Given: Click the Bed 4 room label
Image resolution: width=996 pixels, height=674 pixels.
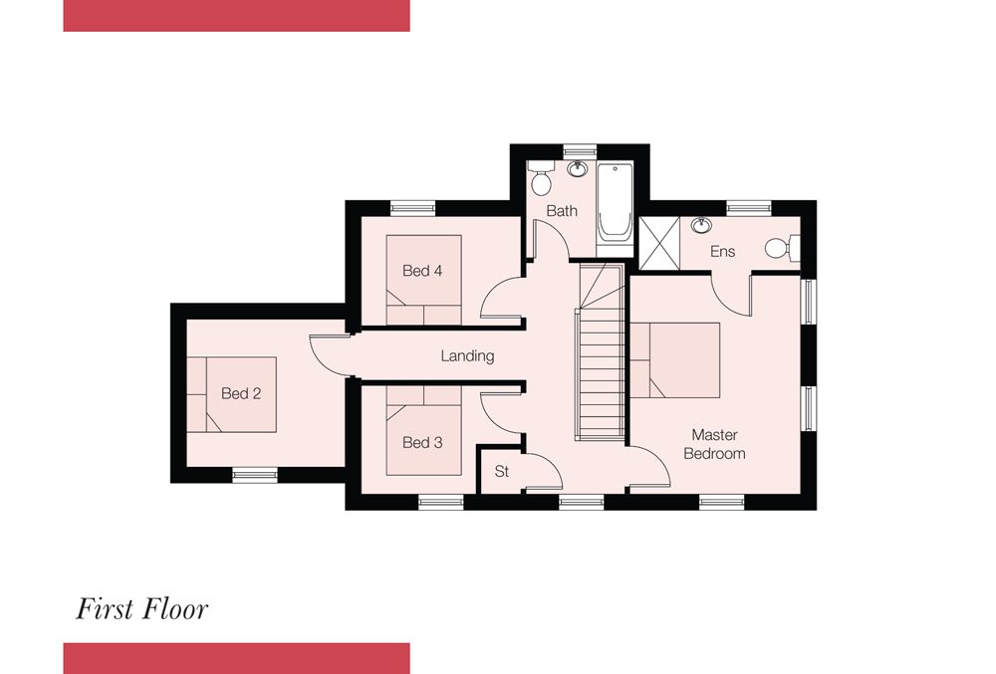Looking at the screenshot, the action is [422, 271].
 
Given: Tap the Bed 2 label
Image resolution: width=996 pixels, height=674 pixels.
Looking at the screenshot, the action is [241, 393].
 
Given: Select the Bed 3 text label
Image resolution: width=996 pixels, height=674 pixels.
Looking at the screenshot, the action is [422, 442].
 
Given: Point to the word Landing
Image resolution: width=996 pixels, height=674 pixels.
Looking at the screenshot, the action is [467, 356].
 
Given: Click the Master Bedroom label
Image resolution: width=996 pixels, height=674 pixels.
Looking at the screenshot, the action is [714, 444].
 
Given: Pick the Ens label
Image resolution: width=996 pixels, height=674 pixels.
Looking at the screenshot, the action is [722, 251].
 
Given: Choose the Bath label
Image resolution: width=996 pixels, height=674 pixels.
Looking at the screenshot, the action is [562, 211].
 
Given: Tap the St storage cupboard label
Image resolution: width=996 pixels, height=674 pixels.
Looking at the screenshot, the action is [502, 472].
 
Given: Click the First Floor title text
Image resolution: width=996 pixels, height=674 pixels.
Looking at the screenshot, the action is [142, 609].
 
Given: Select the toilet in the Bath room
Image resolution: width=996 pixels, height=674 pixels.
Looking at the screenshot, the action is [541, 177].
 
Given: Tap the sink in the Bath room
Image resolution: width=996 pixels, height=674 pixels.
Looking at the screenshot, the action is [578, 169].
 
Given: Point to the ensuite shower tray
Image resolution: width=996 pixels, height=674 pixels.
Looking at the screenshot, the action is [659, 243].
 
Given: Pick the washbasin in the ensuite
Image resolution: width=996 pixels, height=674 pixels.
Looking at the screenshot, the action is [701, 225].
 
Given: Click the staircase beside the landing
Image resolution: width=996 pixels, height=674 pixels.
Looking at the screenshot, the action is [601, 352].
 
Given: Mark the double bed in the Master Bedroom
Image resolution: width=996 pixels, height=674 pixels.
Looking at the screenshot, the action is [674, 359].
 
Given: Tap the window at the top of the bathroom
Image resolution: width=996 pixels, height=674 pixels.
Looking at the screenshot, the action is [580, 151].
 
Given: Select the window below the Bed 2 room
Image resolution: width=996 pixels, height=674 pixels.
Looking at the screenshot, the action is [255, 475].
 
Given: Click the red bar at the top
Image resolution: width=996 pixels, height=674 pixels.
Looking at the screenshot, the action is [236, 15].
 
